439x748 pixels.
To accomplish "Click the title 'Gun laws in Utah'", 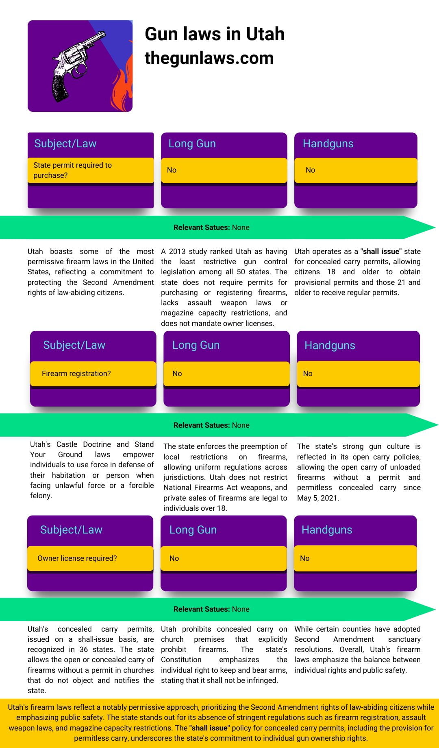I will pos(215,34).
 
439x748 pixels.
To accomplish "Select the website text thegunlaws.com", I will pos(209,58).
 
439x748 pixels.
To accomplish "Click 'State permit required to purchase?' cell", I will pos(72,170).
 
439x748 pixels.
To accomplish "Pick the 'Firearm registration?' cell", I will pos(76,374).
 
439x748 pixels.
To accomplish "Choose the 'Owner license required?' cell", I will pos(77,558).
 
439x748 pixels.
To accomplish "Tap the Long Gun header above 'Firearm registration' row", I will pos(196,345).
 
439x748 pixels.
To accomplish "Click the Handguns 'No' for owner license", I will pos(305,558).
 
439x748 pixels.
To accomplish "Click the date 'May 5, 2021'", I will pos(318,498).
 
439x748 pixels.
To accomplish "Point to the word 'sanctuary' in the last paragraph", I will pos(404,639).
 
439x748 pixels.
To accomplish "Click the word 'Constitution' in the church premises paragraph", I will pos(181,660).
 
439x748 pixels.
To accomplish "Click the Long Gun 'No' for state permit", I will pos(172,170).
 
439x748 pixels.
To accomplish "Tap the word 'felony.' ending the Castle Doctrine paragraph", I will pos(41,496).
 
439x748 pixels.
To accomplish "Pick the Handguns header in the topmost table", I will pos(328,144).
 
